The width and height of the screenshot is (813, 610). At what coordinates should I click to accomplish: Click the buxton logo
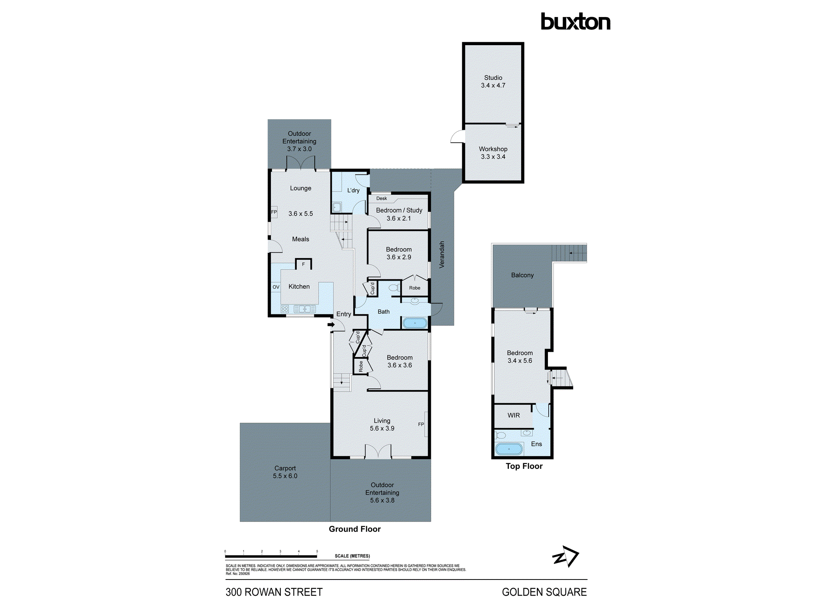pos(575,22)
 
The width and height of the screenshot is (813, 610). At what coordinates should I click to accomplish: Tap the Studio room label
pos(493,78)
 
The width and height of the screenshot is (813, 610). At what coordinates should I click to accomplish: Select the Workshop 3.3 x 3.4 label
pos(493,153)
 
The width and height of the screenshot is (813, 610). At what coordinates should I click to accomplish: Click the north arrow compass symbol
pos(565,557)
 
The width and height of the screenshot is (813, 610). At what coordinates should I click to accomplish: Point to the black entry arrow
pos(331,325)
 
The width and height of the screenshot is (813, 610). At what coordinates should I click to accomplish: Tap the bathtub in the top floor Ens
pos(509,449)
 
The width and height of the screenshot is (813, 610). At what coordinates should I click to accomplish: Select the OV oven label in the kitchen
pos(276,287)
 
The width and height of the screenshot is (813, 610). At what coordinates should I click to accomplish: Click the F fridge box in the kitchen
pos(303,264)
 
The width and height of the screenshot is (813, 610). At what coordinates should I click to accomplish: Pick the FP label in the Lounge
pos(274,212)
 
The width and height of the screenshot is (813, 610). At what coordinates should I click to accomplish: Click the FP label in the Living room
pos(421,424)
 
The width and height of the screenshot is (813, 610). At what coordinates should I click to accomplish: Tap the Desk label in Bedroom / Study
pos(381,198)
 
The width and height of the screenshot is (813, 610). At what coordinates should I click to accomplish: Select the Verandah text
pos(442,255)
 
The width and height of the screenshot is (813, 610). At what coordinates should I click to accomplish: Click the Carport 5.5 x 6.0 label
pos(285,472)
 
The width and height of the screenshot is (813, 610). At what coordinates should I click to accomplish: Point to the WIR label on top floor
pos(513,415)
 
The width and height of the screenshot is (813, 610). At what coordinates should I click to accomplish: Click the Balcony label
pos(522,275)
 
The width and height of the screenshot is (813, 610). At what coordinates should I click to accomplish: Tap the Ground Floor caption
pos(354,529)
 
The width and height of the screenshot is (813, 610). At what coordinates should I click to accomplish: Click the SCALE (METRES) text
pos(352,556)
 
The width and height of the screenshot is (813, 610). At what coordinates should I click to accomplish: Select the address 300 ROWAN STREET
pos(274,592)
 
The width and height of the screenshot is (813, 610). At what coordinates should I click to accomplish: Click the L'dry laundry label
pos(353,190)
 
